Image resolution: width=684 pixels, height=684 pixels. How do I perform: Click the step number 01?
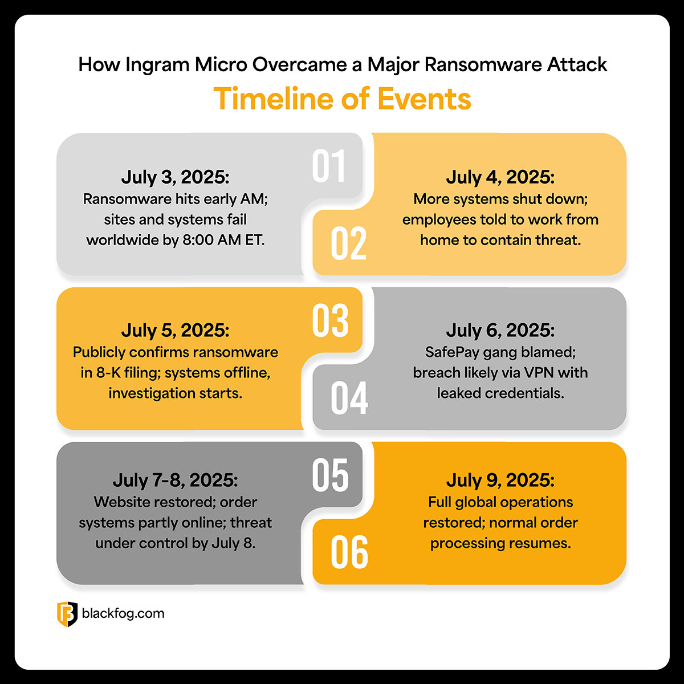point(328,166)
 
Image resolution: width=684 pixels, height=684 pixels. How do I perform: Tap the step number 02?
point(348,243)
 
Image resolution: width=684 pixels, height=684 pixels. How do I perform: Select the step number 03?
point(330,320)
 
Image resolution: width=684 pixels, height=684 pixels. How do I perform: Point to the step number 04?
point(349,398)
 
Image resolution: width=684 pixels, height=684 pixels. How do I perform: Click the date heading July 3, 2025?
point(175,177)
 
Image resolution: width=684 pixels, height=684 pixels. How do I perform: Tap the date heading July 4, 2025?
point(500,177)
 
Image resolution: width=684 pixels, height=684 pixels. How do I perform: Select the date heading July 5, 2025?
point(175,331)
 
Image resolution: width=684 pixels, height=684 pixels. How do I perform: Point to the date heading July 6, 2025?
point(500,331)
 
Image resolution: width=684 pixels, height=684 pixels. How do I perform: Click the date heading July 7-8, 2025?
point(175,480)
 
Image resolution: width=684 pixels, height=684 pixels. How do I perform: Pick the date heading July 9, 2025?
point(500,480)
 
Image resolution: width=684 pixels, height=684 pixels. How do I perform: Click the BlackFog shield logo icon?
point(67,614)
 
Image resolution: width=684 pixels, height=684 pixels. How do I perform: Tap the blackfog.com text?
point(123,614)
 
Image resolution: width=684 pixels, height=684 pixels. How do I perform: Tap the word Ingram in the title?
point(157,65)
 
